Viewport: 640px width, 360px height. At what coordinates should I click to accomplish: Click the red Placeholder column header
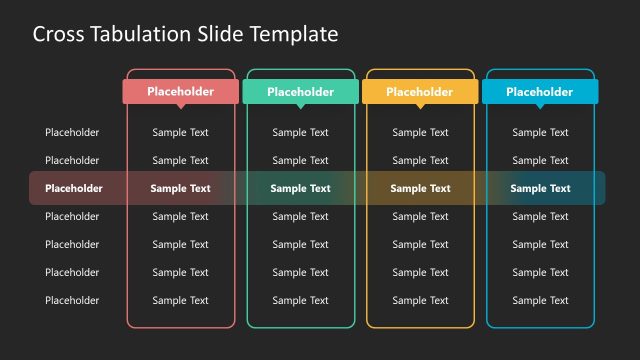pyautogui.click(x=180, y=92)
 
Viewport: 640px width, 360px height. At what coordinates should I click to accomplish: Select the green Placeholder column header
pyautogui.click(x=300, y=92)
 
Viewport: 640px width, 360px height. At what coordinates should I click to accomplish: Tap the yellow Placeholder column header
pyautogui.click(x=420, y=92)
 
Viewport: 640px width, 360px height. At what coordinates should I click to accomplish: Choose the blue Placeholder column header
pyautogui.click(x=540, y=92)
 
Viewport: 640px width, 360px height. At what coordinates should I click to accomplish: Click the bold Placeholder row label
pyautogui.click(x=73, y=188)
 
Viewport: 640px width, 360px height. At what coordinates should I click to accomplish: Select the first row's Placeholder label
pyautogui.click(x=72, y=132)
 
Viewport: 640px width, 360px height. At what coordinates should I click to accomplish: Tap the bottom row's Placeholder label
pyautogui.click(x=72, y=300)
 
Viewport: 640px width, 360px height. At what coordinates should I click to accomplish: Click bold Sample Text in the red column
pyautogui.click(x=180, y=188)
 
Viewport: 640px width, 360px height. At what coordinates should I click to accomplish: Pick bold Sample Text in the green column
pyautogui.click(x=300, y=188)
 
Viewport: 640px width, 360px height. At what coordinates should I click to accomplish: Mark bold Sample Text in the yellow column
pyautogui.click(x=420, y=188)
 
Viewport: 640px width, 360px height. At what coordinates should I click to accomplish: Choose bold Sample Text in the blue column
pyautogui.click(x=540, y=188)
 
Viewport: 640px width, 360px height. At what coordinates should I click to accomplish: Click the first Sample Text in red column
pyautogui.click(x=180, y=132)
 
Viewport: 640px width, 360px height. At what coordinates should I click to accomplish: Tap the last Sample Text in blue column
pyautogui.click(x=540, y=300)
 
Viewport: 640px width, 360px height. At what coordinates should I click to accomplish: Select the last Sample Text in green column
pyautogui.click(x=300, y=300)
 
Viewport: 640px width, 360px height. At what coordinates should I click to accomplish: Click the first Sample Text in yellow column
pyautogui.click(x=420, y=132)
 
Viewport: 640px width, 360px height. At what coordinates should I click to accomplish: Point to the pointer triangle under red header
pyautogui.click(x=180, y=106)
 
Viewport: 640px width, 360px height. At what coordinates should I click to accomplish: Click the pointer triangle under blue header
pyautogui.click(x=540, y=106)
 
